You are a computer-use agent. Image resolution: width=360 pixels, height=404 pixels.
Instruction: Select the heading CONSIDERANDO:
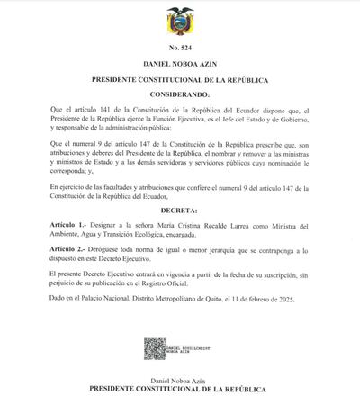click(x=179, y=94)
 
